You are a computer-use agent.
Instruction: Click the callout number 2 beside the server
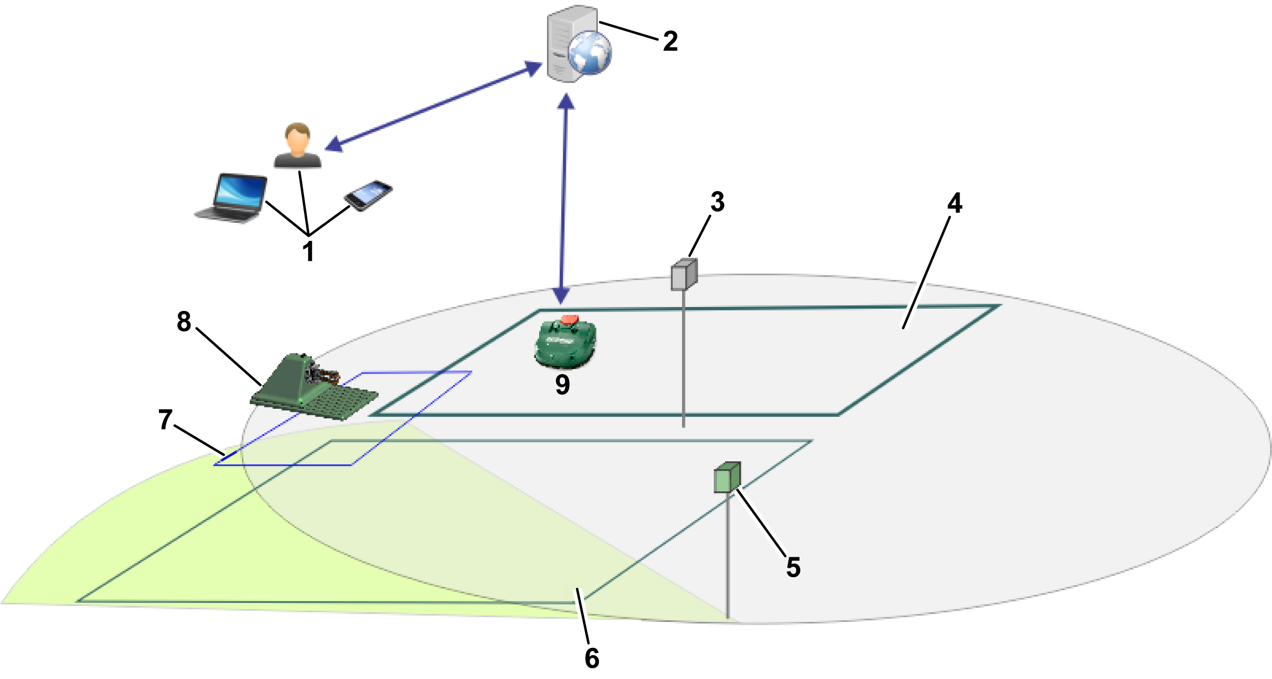[670, 41]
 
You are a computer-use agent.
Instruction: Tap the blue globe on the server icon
[590, 53]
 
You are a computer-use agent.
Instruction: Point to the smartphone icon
[368, 195]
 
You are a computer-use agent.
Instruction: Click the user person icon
[298, 146]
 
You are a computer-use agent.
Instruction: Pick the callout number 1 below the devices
[308, 251]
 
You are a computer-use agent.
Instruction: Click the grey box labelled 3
[684, 275]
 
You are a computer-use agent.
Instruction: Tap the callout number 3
[717, 202]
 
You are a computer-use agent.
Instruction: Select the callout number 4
[954, 203]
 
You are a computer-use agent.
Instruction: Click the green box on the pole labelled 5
[727, 478]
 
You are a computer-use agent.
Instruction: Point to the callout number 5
[793, 567]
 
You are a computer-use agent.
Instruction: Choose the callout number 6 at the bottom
[592, 658]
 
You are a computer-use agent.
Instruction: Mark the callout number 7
[165, 419]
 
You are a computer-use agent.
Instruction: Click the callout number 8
[184, 322]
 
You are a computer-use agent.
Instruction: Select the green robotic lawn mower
[565, 343]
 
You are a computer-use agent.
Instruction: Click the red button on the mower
[570, 319]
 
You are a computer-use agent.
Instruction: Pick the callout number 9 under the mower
[562, 385]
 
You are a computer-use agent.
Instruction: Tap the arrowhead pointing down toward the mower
[561, 296]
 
